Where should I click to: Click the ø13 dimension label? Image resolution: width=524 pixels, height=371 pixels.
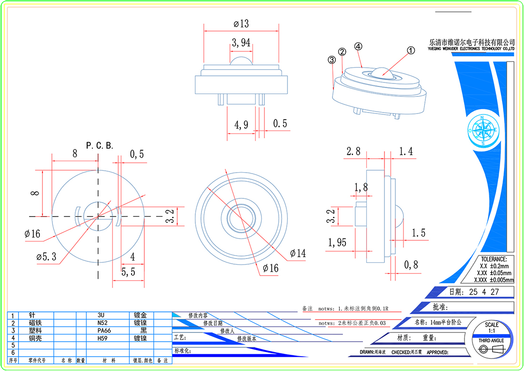coord(242,24)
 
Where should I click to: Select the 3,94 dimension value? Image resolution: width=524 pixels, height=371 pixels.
coord(241,43)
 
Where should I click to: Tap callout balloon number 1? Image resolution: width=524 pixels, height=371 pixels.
coord(410,50)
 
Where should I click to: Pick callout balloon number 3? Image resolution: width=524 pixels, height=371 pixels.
coord(332,60)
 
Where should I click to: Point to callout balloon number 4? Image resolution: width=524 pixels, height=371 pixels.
coord(358,46)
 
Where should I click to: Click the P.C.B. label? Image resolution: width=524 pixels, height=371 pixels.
coord(100,145)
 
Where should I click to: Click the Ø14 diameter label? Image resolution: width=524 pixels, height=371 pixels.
coord(297,254)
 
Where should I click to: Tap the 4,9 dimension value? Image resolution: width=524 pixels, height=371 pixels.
coord(241,124)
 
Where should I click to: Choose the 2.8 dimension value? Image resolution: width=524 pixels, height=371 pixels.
coord(353,152)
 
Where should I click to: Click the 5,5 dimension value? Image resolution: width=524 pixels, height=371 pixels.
coord(128,272)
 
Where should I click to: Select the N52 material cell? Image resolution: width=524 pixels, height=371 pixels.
coord(101,323)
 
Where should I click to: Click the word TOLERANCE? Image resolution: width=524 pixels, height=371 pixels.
coord(495,259)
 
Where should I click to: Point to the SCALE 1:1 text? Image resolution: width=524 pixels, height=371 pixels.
coord(492,328)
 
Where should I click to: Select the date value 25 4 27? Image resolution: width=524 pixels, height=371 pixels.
coord(484,292)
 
